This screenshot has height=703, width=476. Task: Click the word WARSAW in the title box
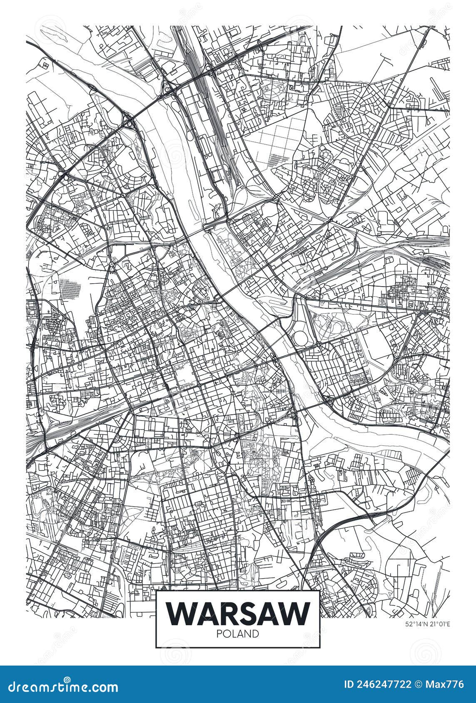(238, 613)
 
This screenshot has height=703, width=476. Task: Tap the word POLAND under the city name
(238, 634)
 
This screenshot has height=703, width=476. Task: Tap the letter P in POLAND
(219, 634)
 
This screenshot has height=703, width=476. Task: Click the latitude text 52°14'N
(416, 624)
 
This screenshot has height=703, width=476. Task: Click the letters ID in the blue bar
(349, 684)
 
